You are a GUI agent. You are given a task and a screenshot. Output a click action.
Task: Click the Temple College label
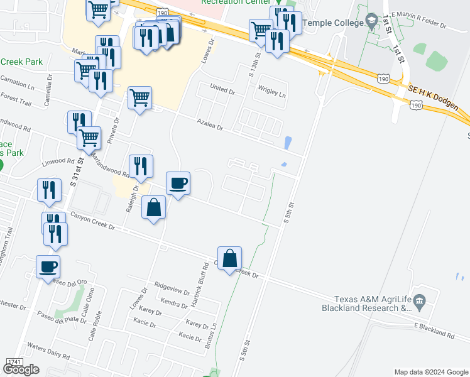point(333,23)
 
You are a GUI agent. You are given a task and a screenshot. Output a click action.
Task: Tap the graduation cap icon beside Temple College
point(372,22)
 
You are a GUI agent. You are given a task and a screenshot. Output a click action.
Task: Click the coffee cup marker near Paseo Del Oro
point(48,266)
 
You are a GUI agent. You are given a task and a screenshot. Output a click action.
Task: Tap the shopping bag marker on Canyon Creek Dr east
point(230,258)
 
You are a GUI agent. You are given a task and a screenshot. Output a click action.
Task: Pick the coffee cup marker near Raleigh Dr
point(178,183)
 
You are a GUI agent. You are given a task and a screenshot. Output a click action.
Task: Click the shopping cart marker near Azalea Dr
point(139,98)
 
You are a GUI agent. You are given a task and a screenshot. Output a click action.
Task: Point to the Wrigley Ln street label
point(270,95)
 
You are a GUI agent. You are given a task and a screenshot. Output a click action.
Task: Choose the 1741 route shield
point(13,362)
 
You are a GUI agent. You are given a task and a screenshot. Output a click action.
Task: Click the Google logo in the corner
point(21,369)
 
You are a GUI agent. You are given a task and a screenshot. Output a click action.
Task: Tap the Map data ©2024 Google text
point(430,372)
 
